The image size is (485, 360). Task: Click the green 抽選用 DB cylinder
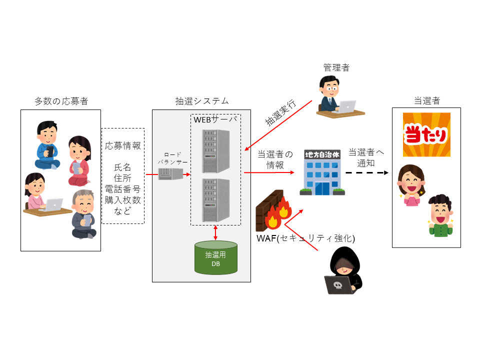(215, 257)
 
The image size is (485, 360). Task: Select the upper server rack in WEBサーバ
(216, 151)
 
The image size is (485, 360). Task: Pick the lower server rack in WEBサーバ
(216, 200)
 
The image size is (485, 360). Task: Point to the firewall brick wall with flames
(273, 213)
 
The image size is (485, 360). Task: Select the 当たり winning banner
(426, 134)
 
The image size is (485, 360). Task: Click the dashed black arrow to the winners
(366, 173)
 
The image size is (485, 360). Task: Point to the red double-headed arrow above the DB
(215, 233)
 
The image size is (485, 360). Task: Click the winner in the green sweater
(440, 215)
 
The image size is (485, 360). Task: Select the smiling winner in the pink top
(411, 185)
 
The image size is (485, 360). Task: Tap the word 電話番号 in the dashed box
(122, 188)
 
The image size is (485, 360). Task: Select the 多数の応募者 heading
(61, 101)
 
